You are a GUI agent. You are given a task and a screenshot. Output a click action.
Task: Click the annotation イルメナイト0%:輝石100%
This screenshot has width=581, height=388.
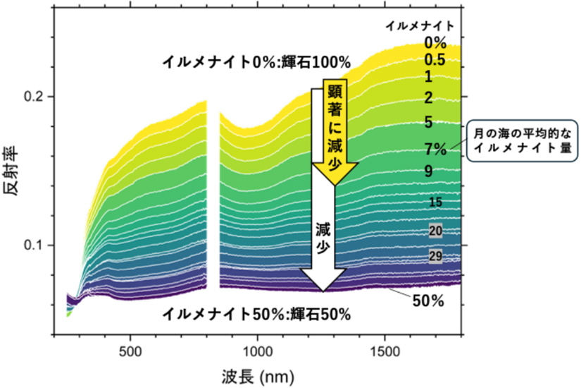256,62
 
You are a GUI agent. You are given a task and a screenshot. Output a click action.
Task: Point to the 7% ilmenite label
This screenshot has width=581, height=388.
436,149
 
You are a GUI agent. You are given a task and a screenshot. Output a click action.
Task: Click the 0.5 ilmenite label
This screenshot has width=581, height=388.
435,60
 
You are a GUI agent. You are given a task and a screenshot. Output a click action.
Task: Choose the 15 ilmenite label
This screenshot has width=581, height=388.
435,203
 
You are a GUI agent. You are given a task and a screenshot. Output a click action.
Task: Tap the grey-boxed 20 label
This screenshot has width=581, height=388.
435,231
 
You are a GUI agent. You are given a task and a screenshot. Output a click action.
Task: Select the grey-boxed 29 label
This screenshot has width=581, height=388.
435,256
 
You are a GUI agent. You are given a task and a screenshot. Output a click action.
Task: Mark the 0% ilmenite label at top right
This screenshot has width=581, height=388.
435,42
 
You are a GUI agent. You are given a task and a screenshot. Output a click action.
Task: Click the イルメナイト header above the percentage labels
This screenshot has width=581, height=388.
418,25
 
